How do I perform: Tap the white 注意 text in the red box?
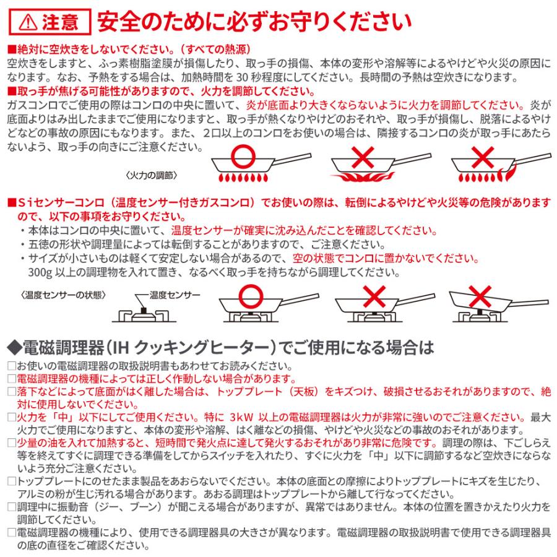[x=61, y=22]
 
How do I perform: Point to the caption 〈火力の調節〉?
[x=151, y=175]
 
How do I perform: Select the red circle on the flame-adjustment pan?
[x=242, y=160]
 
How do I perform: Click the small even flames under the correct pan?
[x=243, y=178]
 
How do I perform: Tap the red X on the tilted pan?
[x=482, y=296]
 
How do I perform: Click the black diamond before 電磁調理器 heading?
[x=13, y=344]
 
